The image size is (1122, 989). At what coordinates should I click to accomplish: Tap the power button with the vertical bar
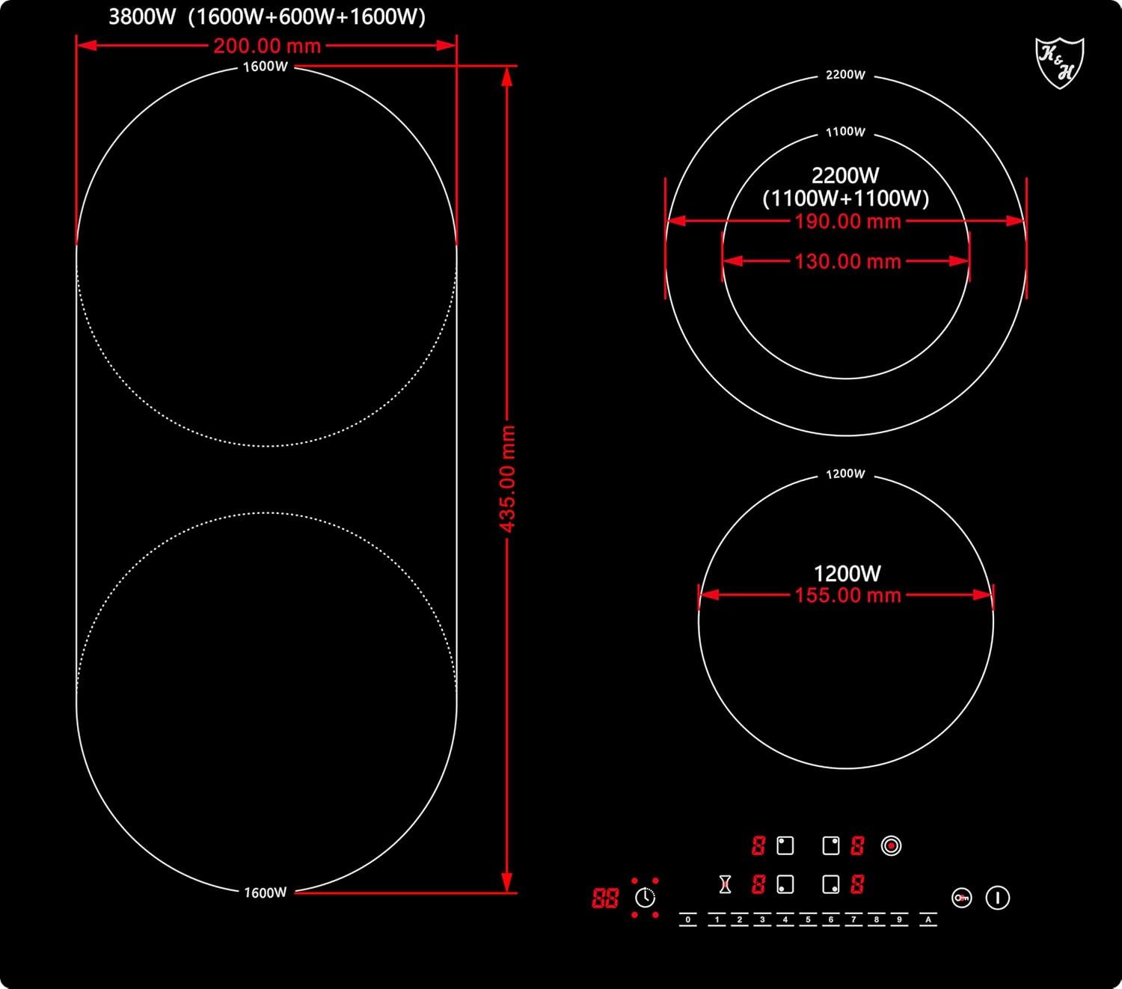click(x=997, y=898)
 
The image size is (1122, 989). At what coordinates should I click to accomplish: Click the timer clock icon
click(x=646, y=898)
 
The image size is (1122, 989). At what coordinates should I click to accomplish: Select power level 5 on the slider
click(x=808, y=919)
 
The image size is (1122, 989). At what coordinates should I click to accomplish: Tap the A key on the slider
click(x=928, y=919)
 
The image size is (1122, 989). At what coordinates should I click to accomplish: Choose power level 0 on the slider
click(x=688, y=919)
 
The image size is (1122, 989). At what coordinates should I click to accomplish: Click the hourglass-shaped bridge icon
click(x=725, y=884)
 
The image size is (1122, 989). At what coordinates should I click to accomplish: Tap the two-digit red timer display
click(x=604, y=898)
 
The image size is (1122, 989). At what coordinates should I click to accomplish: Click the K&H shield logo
click(x=1059, y=63)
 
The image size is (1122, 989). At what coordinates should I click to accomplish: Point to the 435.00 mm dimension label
click(x=507, y=479)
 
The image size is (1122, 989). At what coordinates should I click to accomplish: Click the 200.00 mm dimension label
click(x=267, y=46)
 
